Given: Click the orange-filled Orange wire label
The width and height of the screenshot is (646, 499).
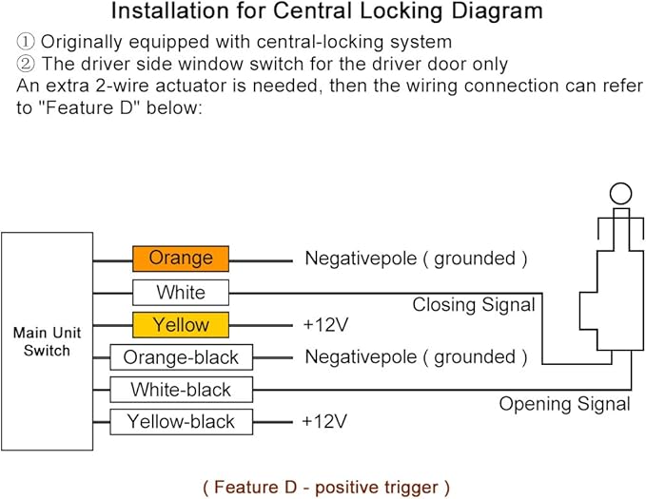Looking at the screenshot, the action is (x=181, y=259).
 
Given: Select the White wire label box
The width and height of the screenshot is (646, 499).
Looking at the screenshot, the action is (x=181, y=293).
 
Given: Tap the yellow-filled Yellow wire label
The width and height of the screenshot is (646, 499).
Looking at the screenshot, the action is (x=181, y=325).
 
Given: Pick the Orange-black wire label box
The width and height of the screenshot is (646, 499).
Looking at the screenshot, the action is (x=182, y=357).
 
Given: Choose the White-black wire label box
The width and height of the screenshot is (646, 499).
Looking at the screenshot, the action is (x=182, y=390).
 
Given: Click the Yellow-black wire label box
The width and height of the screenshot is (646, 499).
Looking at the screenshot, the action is (x=182, y=422).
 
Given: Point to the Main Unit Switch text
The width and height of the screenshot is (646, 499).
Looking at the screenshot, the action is (x=47, y=341).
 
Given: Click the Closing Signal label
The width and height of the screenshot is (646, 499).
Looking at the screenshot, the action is (x=474, y=305).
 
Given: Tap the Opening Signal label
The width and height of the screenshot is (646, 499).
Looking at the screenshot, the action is (x=564, y=404).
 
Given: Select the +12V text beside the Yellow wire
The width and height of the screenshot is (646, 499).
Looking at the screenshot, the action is (x=325, y=325).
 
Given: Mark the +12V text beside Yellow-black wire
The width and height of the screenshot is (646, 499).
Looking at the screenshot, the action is (x=324, y=422).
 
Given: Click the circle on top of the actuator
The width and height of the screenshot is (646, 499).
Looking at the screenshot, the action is (x=620, y=183).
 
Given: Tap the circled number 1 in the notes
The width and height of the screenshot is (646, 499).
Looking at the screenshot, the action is (x=26, y=42).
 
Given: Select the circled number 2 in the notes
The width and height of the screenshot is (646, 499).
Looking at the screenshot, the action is (x=26, y=64).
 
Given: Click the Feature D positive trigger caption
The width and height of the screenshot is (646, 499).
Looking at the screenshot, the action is (x=326, y=487).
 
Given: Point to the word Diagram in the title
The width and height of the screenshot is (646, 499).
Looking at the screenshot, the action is (x=497, y=11).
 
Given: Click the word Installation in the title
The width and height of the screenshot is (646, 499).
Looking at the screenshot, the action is (x=170, y=10).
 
